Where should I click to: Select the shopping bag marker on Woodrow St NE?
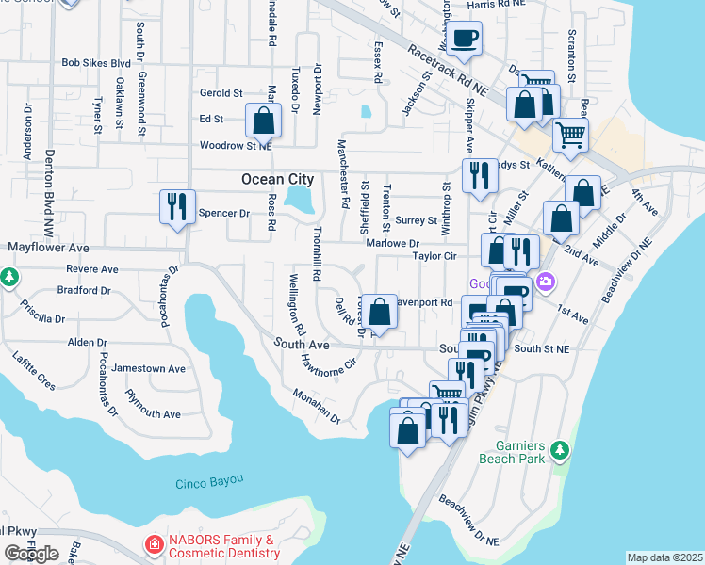point(263,121)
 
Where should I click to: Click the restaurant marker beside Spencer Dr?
point(176,207)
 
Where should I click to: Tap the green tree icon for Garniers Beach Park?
point(561,451)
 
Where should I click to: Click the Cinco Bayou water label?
point(209,482)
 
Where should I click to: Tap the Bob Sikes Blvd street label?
point(95,63)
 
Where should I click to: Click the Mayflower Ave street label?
point(47,247)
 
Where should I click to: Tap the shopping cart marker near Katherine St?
point(570,136)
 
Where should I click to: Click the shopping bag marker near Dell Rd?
point(379,311)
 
